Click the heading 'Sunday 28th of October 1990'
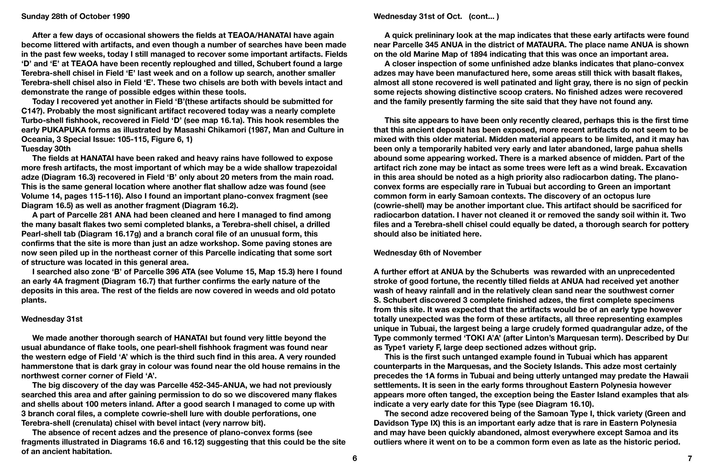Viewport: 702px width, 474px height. click(75, 16)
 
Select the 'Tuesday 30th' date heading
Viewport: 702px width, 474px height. click(46, 149)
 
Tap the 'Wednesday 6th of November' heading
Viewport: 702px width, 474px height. click(427, 253)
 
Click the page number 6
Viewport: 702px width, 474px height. click(354, 458)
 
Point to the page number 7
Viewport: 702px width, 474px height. click(690, 458)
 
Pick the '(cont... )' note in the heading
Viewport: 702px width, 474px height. click(484, 16)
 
